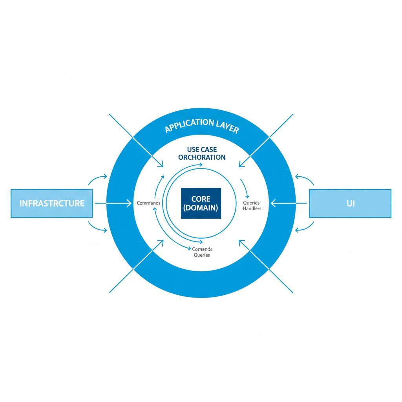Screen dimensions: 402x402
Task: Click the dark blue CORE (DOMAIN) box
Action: pos(201,203)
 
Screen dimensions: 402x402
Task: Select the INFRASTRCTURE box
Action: pos(52,203)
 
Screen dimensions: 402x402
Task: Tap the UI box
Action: pos(350,203)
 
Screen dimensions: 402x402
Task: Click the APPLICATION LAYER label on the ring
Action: pos(201,125)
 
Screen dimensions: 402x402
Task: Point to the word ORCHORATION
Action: pos(202,157)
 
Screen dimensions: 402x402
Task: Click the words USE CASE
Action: pos(202,150)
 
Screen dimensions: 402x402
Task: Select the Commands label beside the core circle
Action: pos(148,203)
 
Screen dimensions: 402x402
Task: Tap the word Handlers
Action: pos(252,208)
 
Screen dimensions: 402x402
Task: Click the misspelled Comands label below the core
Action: pos(202,249)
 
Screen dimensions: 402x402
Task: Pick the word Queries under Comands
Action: pos(202,255)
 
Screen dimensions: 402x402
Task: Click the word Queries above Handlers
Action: pos(251,203)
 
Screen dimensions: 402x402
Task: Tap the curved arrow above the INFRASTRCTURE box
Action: pos(97,179)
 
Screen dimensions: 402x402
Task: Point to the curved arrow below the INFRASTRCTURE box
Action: pos(97,228)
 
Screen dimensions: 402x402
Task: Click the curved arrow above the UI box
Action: pos(305,179)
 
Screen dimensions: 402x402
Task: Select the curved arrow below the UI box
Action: pos(305,228)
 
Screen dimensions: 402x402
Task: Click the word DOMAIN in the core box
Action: pos(201,208)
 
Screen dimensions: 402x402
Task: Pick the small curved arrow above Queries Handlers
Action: pos(246,188)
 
